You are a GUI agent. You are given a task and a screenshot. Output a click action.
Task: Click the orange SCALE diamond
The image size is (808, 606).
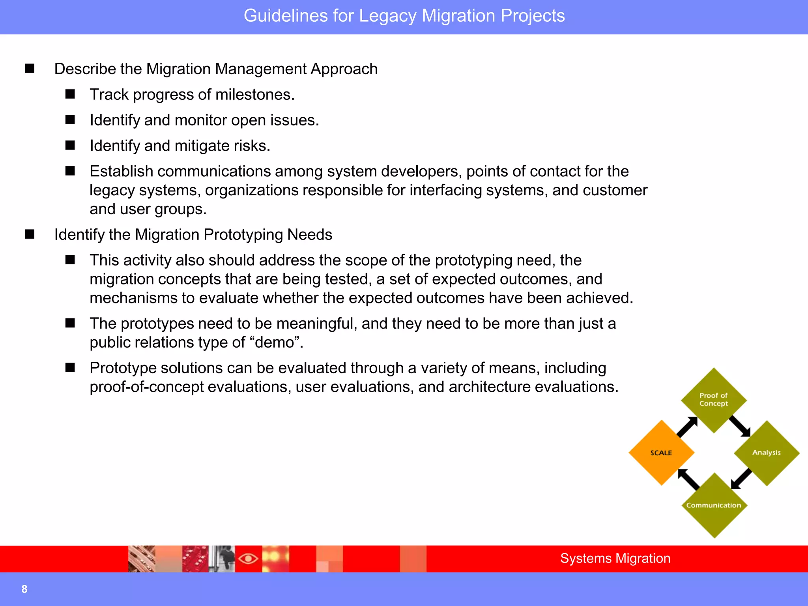coord(661,453)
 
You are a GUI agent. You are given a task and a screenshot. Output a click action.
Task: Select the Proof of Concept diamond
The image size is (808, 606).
coord(714,400)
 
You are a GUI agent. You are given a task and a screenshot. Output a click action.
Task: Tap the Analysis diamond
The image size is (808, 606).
coord(766,453)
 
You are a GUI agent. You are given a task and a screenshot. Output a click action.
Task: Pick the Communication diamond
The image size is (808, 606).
coord(714,505)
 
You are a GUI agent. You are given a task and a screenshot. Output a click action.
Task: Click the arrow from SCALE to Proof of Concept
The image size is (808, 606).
coord(687,426)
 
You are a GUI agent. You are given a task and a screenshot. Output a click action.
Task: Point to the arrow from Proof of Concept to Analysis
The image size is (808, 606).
coord(740,426)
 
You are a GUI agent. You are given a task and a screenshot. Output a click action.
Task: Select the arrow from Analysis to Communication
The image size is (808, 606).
coord(741,479)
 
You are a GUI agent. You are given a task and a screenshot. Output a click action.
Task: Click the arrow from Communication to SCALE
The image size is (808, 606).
coord(688,479)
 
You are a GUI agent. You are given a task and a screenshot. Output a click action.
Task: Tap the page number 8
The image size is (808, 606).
coord(24,589)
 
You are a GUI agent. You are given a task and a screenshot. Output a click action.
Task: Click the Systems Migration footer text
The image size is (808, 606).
coord(615,558)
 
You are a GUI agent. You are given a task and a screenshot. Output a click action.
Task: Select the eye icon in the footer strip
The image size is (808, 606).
coord(248,559)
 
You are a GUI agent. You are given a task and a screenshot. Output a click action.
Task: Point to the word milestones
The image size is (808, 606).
coord(255,95)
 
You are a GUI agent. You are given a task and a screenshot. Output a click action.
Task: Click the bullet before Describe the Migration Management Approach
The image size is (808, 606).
coord(30,69)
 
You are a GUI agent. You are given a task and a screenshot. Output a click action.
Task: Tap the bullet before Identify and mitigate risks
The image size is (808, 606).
coord(70,146)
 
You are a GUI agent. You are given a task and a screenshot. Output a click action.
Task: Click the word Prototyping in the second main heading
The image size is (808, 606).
coord(243,235)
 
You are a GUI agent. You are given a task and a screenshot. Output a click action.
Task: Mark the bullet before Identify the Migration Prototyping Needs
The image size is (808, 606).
coord(30,234)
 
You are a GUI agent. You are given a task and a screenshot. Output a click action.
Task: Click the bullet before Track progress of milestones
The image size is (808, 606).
coord(70,94)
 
